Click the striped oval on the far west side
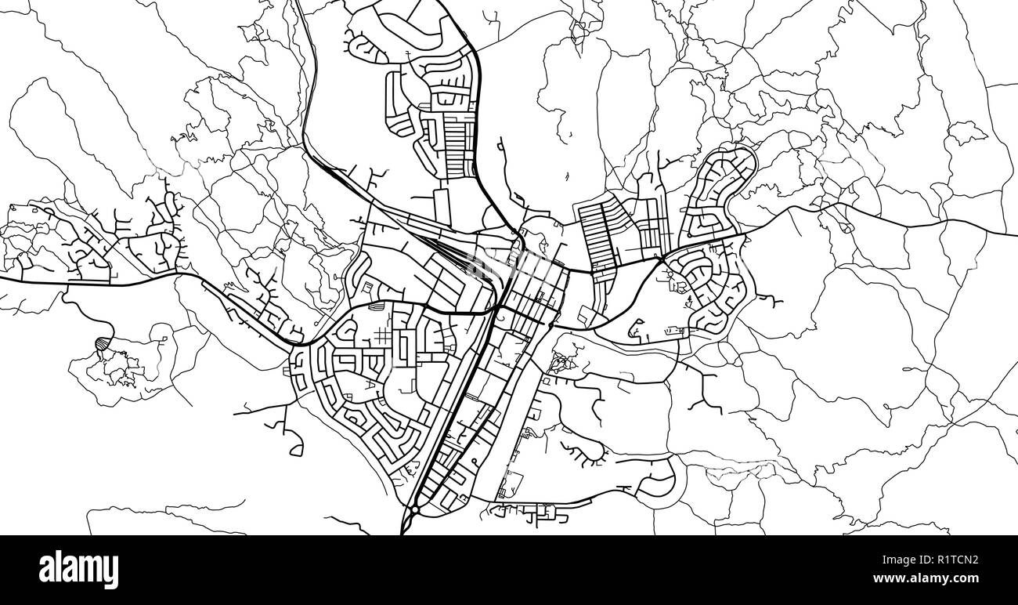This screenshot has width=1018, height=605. point(102,343)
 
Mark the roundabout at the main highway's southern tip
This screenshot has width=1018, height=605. point(413,509)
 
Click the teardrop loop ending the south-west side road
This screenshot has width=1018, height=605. point(296,450)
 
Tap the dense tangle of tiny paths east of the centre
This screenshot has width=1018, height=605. point(561,362)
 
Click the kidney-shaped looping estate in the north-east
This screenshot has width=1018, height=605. point(719,188)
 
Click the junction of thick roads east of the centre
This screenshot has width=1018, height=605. point(662,256)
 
